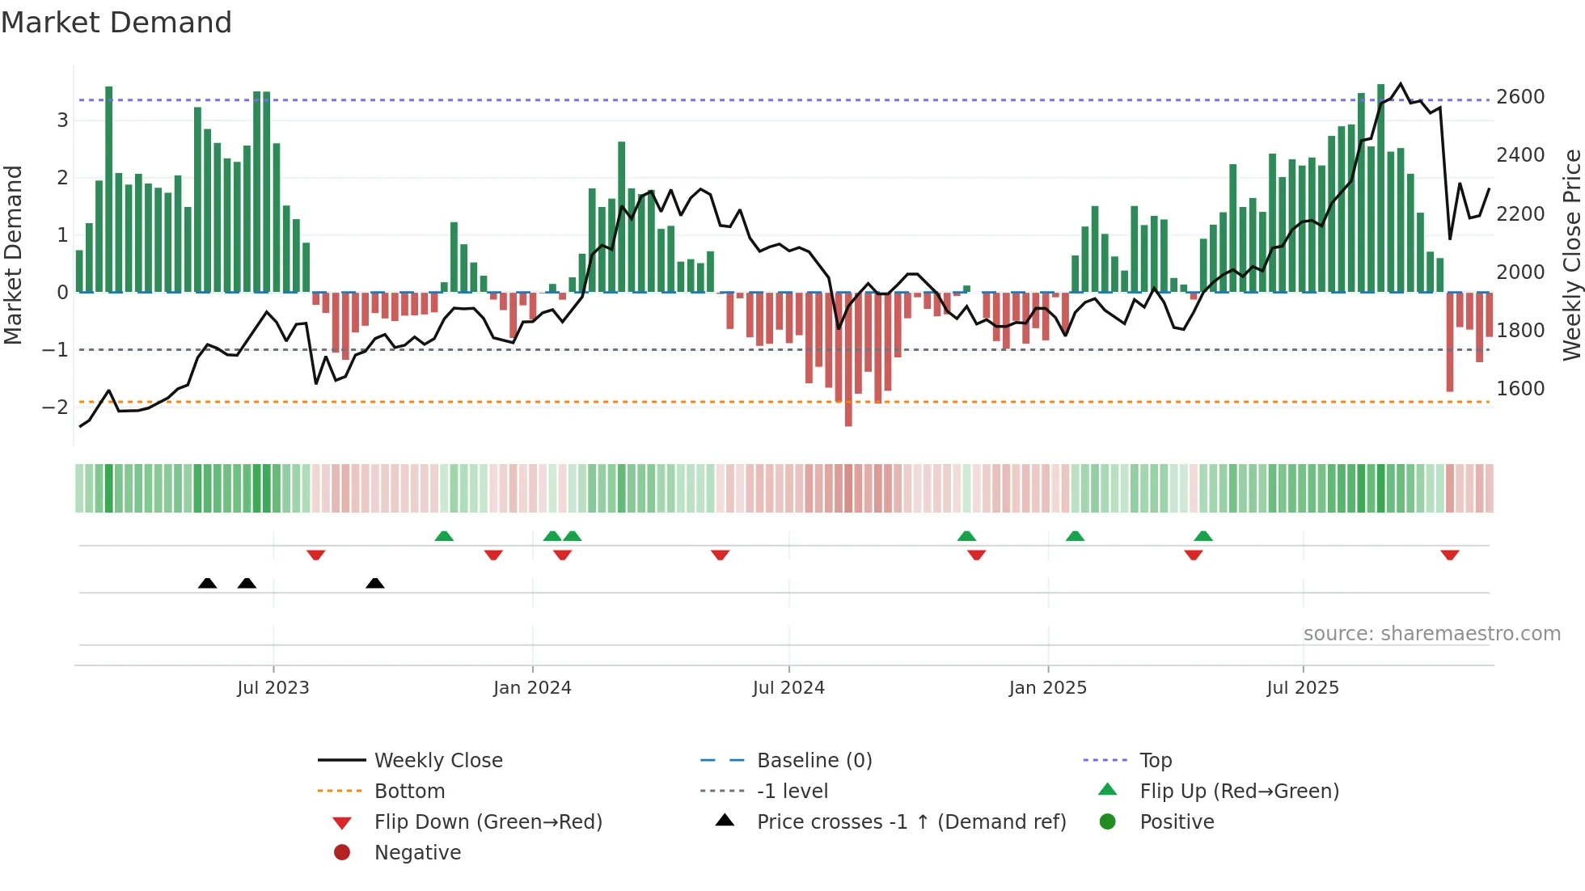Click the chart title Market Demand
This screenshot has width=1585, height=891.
(x=116, y=23)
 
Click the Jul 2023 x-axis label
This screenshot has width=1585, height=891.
(x=273, y=688)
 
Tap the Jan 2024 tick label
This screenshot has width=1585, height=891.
(x=532, y=688)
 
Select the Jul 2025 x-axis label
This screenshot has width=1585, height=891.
(x=1303, y=688)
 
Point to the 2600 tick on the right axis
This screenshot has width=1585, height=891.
(x=1520, y=97)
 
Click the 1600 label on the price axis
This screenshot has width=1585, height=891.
(x=1520, y=389)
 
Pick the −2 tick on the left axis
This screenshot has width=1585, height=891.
(x=55, y=407)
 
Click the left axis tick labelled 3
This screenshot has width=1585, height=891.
(x=62, y=120)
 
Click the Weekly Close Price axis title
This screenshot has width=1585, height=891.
(x=1571, y=255)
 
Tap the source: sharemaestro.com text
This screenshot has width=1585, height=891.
(x=1431, y=634)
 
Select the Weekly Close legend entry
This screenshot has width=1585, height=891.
(x=437, y=761)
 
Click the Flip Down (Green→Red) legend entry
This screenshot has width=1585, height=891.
(x=488, y=822)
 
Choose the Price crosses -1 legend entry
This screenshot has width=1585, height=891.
(x=911, y=822)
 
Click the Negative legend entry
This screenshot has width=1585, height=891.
(x=417, y=853)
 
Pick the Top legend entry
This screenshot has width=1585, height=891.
(x=1155, y=761)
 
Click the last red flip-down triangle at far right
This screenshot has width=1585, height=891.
(x=1449, y=555)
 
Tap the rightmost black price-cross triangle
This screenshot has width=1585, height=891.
(x=374, y=583)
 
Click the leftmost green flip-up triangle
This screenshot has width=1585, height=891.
(x=444, y=536)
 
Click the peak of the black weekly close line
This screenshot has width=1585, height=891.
(x=1401, y=83)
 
